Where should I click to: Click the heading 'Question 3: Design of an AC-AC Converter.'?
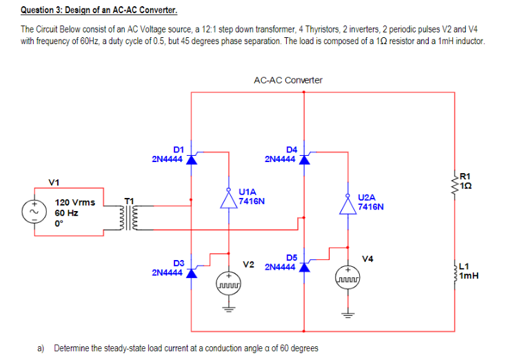(x=89, y=11)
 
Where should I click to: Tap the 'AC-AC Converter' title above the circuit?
(x=287, y=80)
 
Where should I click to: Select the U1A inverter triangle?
(x=229, y=199)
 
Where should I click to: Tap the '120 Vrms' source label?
(x=74, y=202)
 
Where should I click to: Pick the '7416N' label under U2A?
(x=371, y=206)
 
